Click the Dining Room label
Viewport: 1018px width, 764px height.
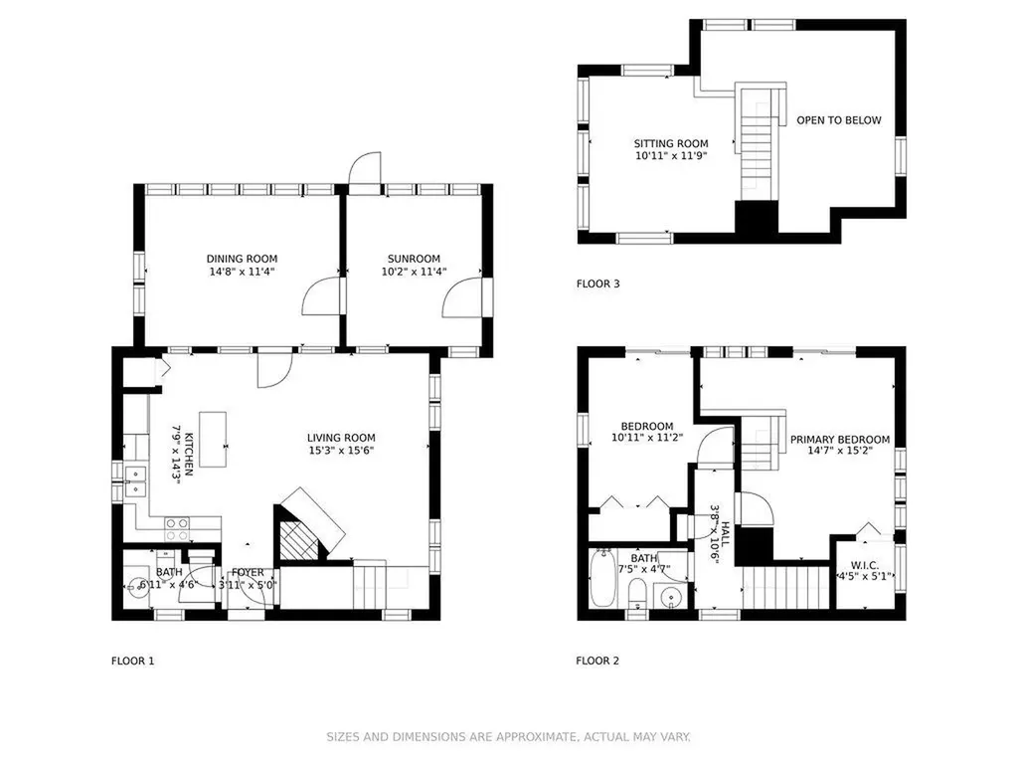click(242, 259)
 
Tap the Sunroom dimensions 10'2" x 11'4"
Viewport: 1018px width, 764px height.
click(414, 272)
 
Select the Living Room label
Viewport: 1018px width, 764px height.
click(341, 438)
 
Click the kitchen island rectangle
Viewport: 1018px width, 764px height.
click(213, 439)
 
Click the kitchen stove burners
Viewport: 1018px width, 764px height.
click(177, 529)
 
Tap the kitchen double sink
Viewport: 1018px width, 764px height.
click(135, 481)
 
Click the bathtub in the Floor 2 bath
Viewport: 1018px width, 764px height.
click(602, 578)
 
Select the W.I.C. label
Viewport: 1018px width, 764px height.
click(864, 565)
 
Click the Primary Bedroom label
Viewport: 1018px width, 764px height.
click(839, 440)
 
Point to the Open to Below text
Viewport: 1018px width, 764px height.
click(839, 120)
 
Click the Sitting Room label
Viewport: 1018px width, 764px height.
click(671, 143)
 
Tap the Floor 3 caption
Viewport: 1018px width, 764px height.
click(597, 284)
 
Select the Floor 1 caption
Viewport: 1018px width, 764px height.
click(132, 662)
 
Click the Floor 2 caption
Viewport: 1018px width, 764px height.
click(597, 661)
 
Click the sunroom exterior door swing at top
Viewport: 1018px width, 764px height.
click(364, 169)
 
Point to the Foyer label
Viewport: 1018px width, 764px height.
click(248, 572)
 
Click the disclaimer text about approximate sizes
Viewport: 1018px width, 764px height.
click(508, 737)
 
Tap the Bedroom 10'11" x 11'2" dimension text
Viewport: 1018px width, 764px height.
click(646, 438)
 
